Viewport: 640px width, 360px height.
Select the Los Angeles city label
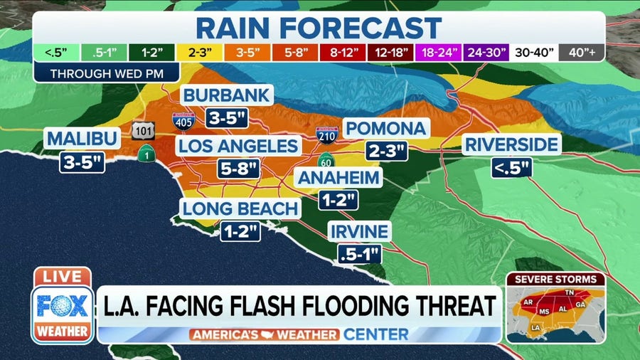coord(238,147)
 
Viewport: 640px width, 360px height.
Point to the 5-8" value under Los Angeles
coord(238,169)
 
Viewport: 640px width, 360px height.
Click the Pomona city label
coord(386,129)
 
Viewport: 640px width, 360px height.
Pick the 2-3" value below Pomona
coord(387,151)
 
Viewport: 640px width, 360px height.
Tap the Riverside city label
coord(511,145)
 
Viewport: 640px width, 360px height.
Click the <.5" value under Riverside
coord(511,168)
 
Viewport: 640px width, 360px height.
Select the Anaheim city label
coord(338,178)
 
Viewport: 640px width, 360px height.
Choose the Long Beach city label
coord(239,209)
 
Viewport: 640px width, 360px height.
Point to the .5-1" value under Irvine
coord(360,253)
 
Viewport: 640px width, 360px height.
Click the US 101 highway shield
coord(139,131)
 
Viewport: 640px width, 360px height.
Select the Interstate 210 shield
coord(326,135)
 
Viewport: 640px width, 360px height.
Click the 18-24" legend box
coord(439,53)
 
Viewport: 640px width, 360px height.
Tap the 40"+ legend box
coord(581,53)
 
